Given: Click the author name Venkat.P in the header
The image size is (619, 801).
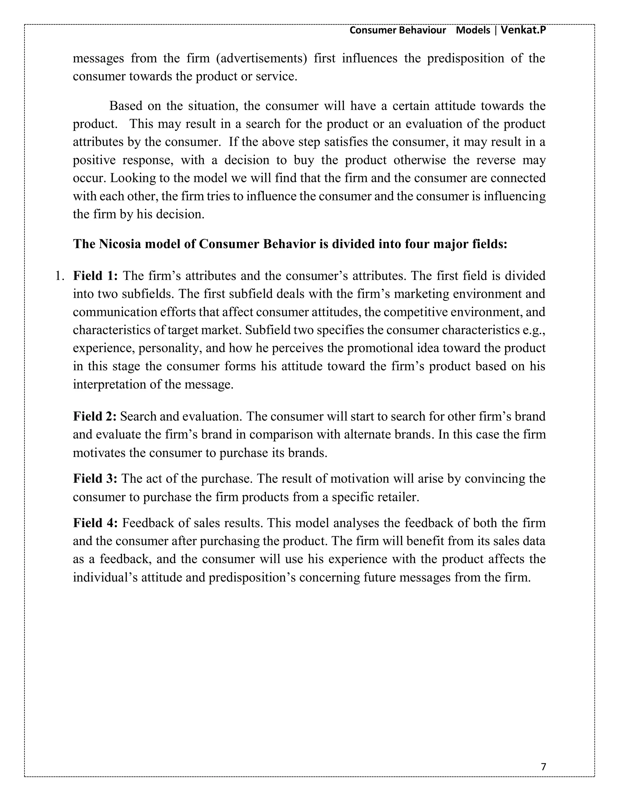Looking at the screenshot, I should coord(523,30).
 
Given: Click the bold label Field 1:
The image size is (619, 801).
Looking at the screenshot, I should coord(95,276).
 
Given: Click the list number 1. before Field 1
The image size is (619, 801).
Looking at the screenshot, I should coord(60,276).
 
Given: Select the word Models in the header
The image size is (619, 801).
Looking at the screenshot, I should coord(473,30).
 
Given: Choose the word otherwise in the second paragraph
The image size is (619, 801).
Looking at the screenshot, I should coord(420,160).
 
